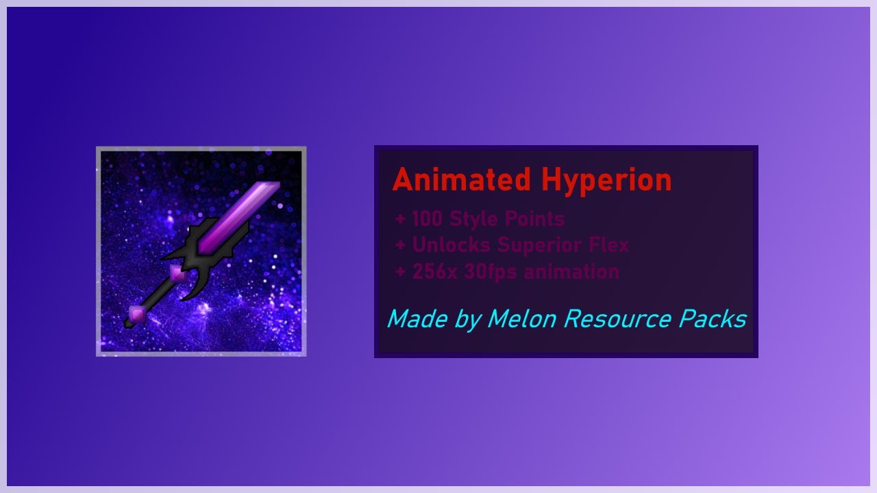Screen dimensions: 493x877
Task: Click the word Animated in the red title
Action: [462, 180]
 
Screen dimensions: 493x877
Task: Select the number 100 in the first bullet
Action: [428, 219]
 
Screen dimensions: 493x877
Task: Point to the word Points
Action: [535, 219]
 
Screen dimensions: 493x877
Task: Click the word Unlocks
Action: [452, 244]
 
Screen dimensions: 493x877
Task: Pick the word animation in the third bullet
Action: [572, 272]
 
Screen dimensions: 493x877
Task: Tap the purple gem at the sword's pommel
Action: [137, 314]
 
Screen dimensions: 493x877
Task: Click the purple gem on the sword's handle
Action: [178, 273]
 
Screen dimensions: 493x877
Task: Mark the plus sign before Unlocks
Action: [401, 245]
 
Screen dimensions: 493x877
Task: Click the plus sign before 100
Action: [401, 220]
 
